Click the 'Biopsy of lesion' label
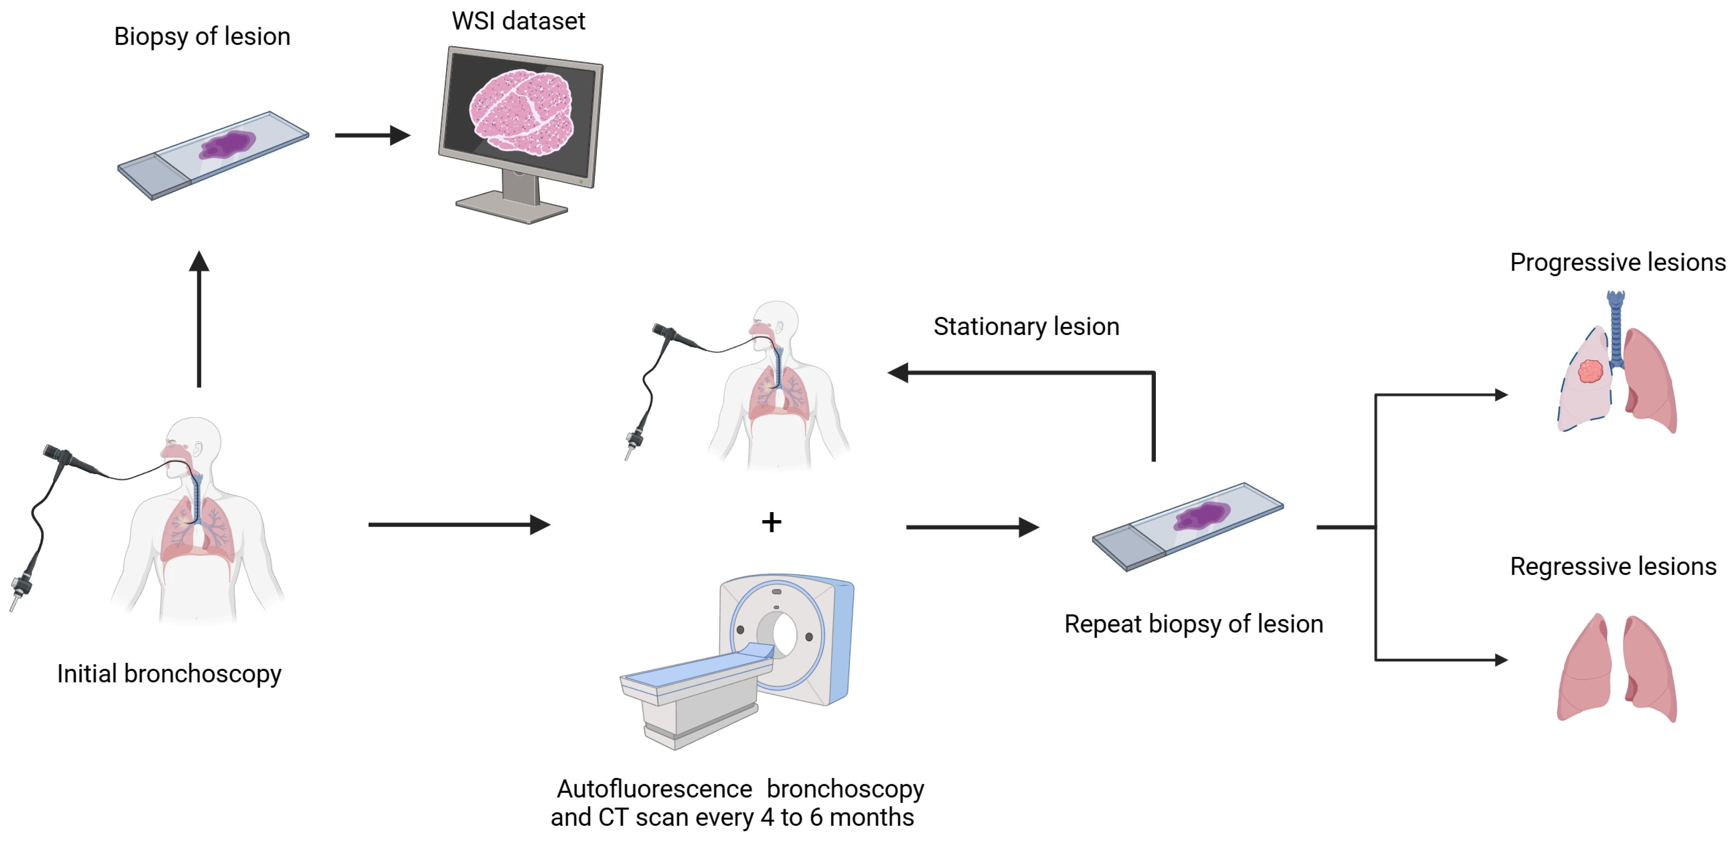click(202, 37)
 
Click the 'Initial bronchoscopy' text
click(169, 673)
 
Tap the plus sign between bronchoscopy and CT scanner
click(771, 522)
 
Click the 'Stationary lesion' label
click(1026, 327)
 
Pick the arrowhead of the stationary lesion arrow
click(898, 372)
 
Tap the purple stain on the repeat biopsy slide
click(1202, 516)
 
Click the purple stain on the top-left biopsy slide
click(228, 145)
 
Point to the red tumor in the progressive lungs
click(1591, 371)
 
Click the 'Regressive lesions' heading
click(1613, 566)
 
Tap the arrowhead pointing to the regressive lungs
click(1501, 660)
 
